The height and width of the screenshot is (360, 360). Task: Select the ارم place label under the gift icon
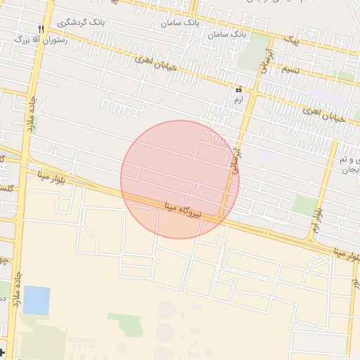[x=238, y=101]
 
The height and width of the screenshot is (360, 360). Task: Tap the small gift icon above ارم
[x=238, y=90]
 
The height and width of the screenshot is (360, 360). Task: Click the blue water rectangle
[x=37, y=300]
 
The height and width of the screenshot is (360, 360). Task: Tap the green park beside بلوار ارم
[x=304, y=205]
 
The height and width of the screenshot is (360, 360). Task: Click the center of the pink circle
[x=180, y=179]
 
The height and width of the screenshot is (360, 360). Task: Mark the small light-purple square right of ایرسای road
[x=266, y=154]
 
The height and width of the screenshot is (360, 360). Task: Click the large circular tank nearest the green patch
[x=166, y=310]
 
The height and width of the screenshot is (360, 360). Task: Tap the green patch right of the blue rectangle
[x=124, y=324]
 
